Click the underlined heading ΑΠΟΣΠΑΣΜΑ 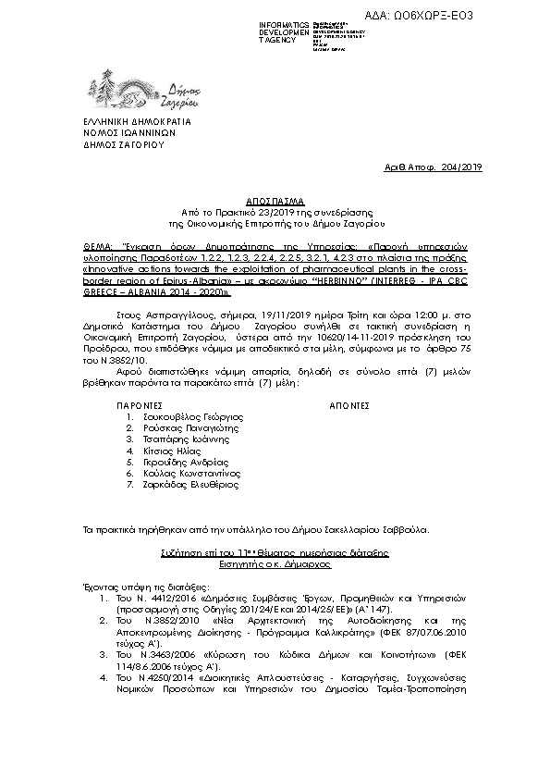point(275,199)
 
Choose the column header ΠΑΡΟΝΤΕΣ point(140,405)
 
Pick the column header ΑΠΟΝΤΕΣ point(349,405)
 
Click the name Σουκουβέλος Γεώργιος point(184,417)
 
